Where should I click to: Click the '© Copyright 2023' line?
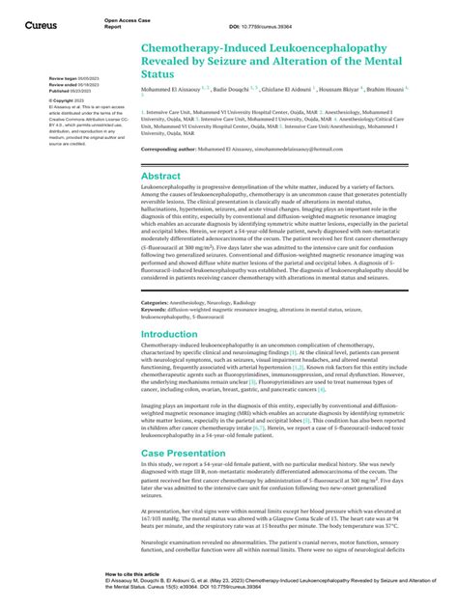(x=65, y=99)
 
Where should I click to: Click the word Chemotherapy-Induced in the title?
(x=206, y=45)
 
